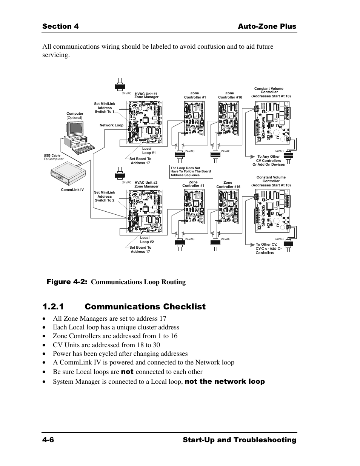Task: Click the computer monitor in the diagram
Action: click(x=75, y=129)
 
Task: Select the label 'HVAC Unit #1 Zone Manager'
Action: click(x=146, y=95)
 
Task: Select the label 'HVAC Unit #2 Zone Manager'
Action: click(x=146, y=185)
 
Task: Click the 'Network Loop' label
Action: click(x=111, y=125)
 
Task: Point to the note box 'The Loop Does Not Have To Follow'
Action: click(x=191, y=172)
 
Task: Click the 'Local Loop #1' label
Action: click(x=148, y=151)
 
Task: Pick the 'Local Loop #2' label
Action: click(x=146, y=240)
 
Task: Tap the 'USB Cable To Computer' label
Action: click(x=53, y=157)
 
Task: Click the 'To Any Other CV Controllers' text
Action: click(x=268, y=160)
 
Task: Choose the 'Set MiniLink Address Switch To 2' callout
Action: click(x=105, y=196)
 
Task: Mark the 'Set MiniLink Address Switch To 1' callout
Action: click(x=105, y=108)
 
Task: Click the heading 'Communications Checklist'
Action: click(x=145, y=307)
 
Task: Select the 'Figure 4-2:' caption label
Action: click(x=67, y=282)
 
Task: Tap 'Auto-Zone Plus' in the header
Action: click(x=267, y=26)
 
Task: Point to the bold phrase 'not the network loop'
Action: click(x=225, y=381)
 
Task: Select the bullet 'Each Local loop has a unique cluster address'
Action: click(x=116, y=327)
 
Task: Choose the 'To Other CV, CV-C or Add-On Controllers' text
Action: click(x=269, y=248)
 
